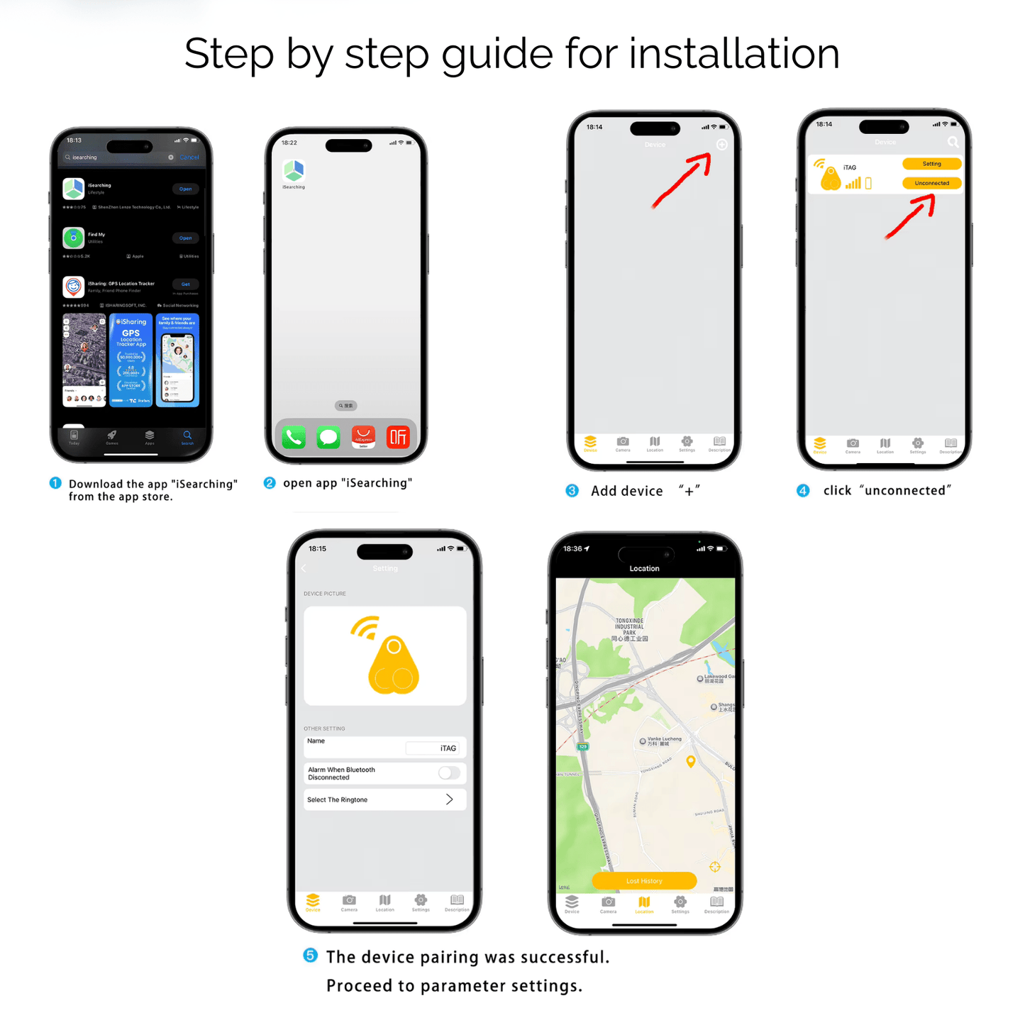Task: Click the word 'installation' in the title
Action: click(733, 54)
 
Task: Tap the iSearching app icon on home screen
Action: click(294, 171)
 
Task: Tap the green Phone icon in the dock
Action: click(294, 437)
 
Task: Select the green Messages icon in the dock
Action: click(328, 437)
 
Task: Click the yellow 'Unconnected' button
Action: click(931, 183)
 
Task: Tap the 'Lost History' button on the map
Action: click(644, 881)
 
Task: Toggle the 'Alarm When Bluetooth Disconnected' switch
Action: click(449, 773)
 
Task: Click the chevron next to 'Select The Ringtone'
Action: click(449, 799)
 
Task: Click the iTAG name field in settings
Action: click(433, 748)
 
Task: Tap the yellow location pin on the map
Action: click(690, 761)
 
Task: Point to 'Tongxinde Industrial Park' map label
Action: click(629, 628)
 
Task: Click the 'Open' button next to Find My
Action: click(185, 238)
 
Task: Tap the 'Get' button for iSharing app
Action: click(185, 284)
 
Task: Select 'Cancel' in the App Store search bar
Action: click(189, 157)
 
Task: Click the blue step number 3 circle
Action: click(572, 491)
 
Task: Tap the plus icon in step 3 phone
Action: click(721, 145)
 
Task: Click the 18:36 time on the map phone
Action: click(572, 548)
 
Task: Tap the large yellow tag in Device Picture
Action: click(394, 665)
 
